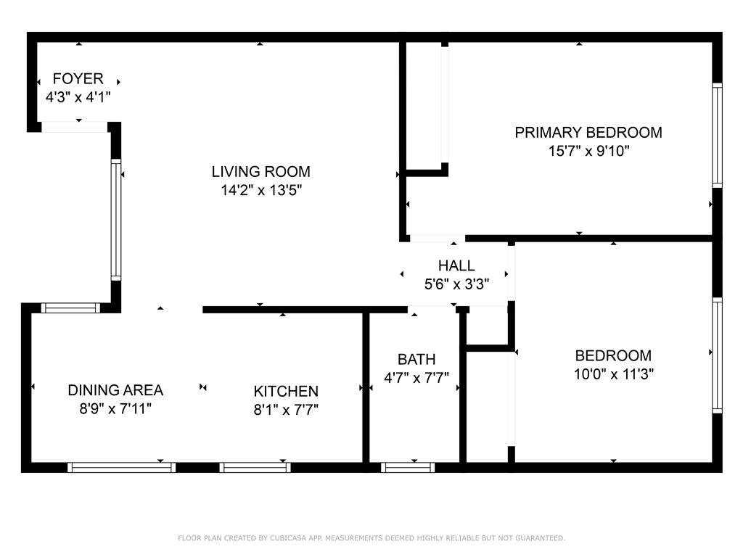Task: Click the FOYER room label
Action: click(78, 78)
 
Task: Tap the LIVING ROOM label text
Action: click(261, 171)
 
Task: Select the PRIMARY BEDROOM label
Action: click(588, 133)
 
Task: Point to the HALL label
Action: click(456, 265)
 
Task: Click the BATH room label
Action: click(416, 360)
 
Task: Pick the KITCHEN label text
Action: click(286, 391)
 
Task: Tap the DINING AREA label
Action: click(115, 390)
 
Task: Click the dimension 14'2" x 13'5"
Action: click(261, 191)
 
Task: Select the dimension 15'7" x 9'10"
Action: click(589, 151)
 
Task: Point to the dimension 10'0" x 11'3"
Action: click(614, 374)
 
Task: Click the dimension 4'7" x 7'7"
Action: click(416, 378)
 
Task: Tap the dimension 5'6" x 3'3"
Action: click(457, 284)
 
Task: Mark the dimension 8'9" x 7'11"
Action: click(115, 408)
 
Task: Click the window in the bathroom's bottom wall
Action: click(408, 468)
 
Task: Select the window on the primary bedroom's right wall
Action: click(718, 136)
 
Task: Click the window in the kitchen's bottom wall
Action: click(255, 468)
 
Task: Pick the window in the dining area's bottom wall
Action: click(121, 468)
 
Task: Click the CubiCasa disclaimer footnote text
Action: click(371, 538)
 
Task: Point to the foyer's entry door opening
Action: click(75, 127)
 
